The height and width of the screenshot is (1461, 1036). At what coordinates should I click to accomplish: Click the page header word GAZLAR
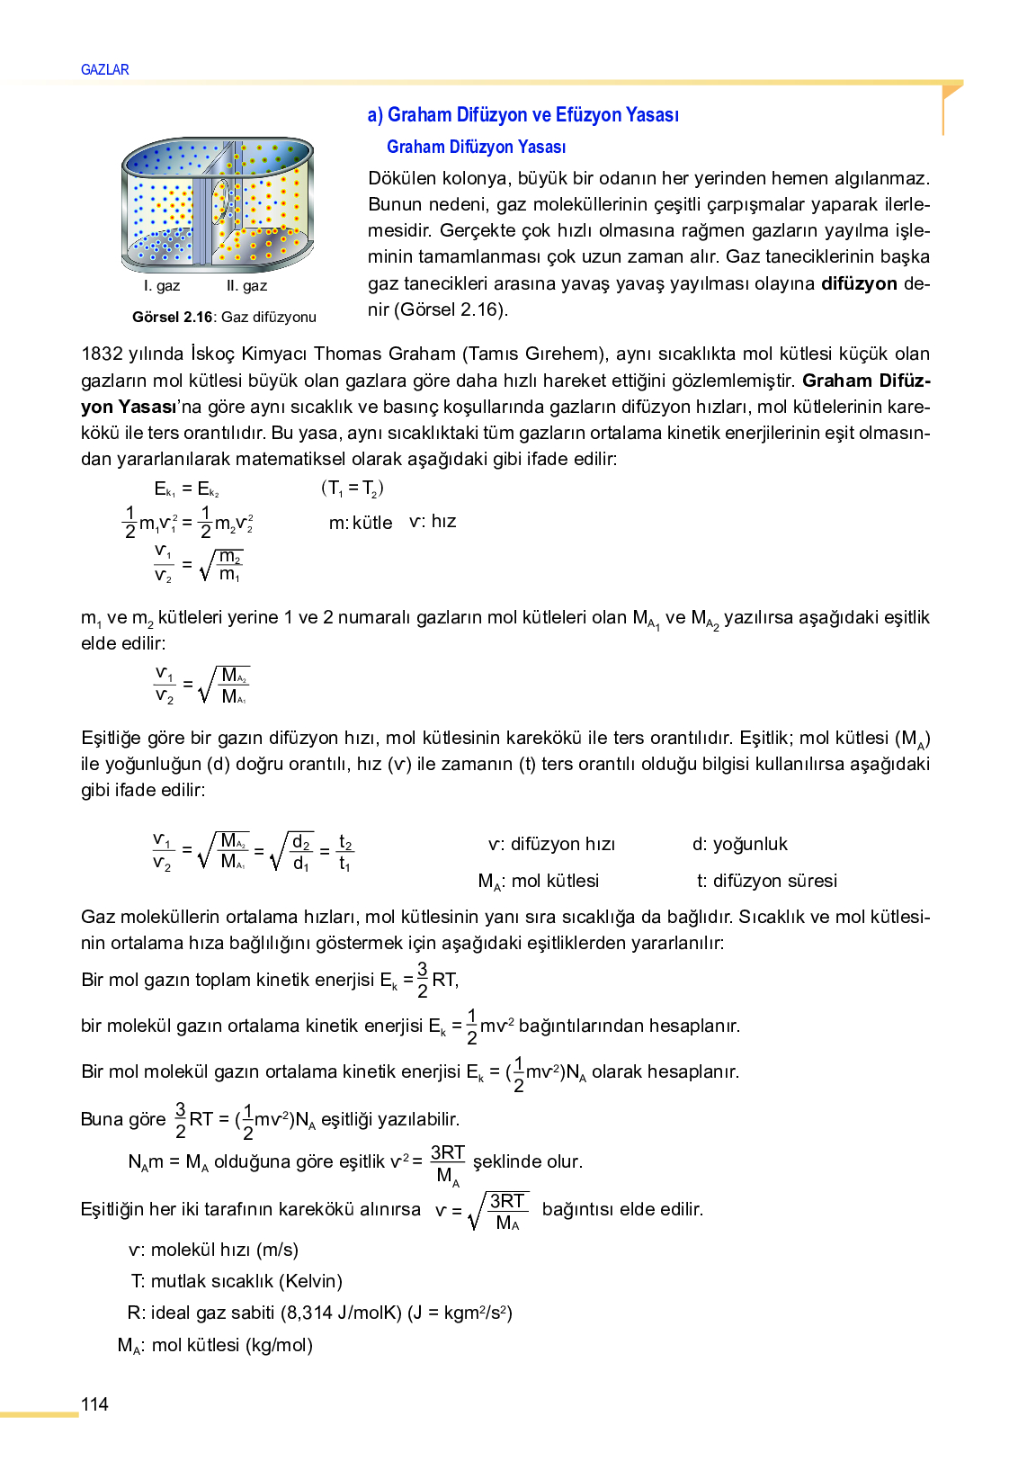pos(104,69)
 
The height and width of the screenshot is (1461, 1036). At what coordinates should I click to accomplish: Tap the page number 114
pos(94,1404)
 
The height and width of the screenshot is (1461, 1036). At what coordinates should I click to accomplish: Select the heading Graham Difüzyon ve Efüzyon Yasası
pos(522,115)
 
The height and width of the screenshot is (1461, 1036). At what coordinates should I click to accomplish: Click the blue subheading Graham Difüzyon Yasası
pos(476,147)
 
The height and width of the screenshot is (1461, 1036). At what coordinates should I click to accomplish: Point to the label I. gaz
pos(162,286)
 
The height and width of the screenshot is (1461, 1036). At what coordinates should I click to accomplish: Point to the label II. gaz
pos(246,286)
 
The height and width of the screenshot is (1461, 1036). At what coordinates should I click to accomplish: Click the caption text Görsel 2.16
pos(172,317)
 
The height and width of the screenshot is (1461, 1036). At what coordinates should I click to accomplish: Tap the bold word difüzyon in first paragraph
pos(858,283)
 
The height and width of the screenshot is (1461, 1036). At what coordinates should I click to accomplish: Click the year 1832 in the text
pos(102,354)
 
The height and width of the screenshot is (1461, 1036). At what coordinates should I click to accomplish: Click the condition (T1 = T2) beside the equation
pos(353,488)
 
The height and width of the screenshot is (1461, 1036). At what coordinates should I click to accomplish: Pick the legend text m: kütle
pos(361,523)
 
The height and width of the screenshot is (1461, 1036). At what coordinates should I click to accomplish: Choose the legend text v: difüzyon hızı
pos(551,844)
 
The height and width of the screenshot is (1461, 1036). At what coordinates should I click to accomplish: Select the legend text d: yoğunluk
pos(739,844)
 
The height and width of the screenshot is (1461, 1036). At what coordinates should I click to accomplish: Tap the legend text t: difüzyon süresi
pos(766,881)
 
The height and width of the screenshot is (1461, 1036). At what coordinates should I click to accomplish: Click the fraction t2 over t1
pos(345,853)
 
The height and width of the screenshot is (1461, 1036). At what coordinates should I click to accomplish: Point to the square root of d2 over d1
pos(292,853)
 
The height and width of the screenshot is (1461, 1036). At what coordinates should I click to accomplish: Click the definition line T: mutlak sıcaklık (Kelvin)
pos(237,1281)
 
